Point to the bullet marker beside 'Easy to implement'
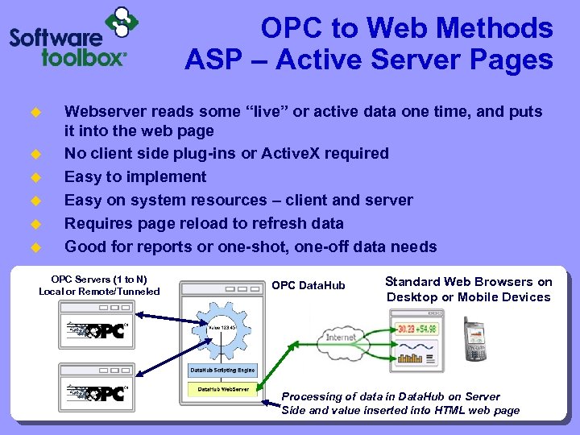pyautogui.click(x=35, y=177)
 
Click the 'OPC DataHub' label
pyautogui.click(x=308, y=286)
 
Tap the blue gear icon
pyautogui.click(x=221, y=327)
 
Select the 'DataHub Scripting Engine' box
pyautogui.click(x=222, y=371)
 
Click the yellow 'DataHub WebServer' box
pyautogui.click(x=223, y=389)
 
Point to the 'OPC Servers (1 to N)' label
pyautogui.click(x=99, y=279)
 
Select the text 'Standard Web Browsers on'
pyautogui.click(x=468, y=282)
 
